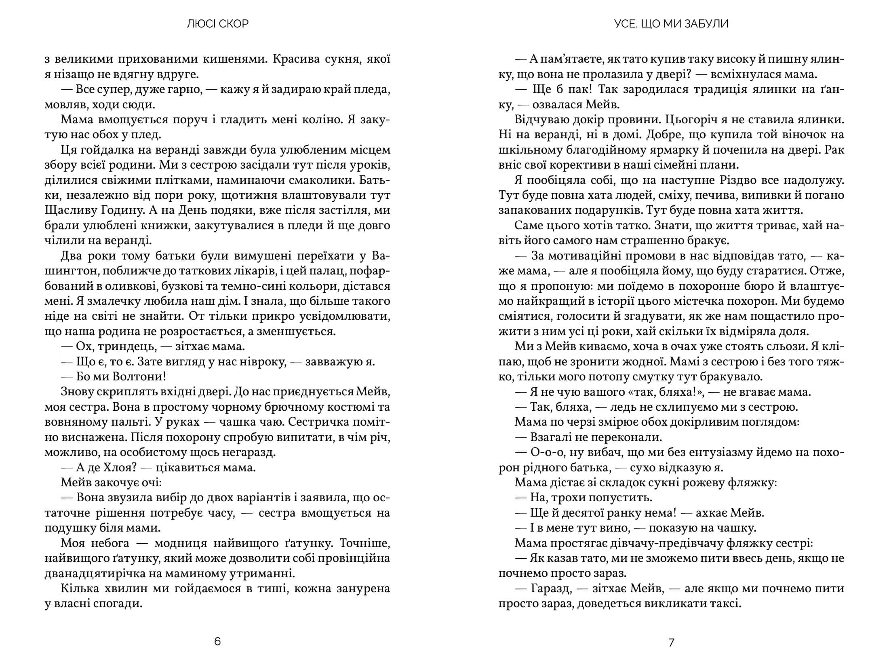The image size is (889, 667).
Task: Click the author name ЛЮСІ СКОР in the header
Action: [x=217, y=24]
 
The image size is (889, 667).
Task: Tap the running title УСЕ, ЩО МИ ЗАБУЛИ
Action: [x=671, y=24]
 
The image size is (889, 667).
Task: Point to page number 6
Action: [x=217, y=642]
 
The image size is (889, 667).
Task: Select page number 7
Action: [x=671, y=642]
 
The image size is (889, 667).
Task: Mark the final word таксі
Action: [x=714, y=604]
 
